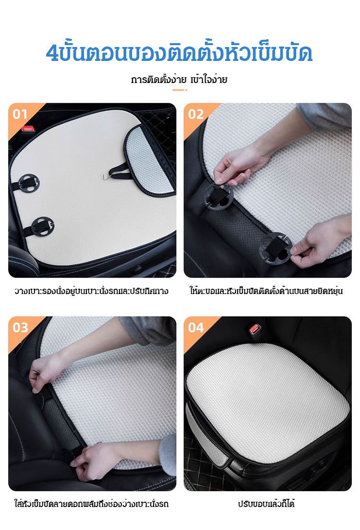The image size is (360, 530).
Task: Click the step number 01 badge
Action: pyautogui.click(x=20, y=114)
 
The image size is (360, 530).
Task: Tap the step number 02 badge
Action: pyautogui.click(x=196, y=114)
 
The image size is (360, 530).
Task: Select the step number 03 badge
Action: pyautogui.click(x=20, y=328)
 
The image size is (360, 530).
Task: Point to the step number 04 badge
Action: pyautogui.click(x=196, y=328)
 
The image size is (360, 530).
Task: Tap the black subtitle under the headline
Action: pyautogui.click(x=179, y=80)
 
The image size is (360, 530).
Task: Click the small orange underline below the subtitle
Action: pyautogui.click(x=180, y=90)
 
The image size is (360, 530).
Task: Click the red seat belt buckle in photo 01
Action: pyautogui.click(x=27, y=129)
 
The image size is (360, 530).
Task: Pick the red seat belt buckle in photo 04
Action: pyautogui.click(x=254, y=329)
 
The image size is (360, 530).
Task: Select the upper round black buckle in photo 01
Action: pyautogui.click(x=29, y=183)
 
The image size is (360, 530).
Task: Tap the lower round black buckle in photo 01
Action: pyautogui.click(x=42, y=226)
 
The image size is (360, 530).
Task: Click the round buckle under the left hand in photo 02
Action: pyautogui.click(x=218, y=197)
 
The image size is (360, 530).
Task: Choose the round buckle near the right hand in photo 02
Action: pyautogui.click(x=276, y=248)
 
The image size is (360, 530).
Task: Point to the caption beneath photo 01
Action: pyautogui.click(x=91, y=291)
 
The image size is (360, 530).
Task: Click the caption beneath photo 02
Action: pyautogui.click(x=266, y=291)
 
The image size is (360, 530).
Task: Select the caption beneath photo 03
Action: pyautogui.click(x=91, y=504)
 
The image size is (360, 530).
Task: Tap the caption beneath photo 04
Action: pyautogui.click(x=266, y=504)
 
